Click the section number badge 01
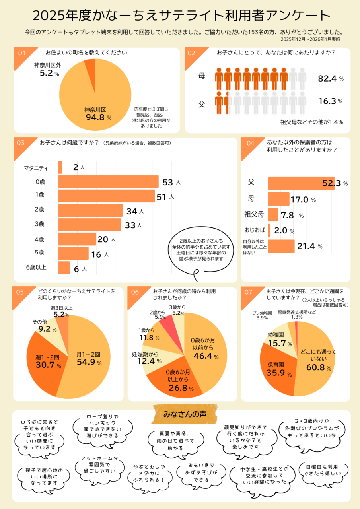tap(21, 53)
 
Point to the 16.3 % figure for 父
tap(330, 101)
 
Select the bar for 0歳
tap(108, 182)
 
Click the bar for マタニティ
tap(60, 167)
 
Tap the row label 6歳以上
tap(36, 267)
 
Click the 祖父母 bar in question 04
tap(272, 215)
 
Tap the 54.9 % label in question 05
tap(89, 363)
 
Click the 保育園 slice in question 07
tap(278, 370)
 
